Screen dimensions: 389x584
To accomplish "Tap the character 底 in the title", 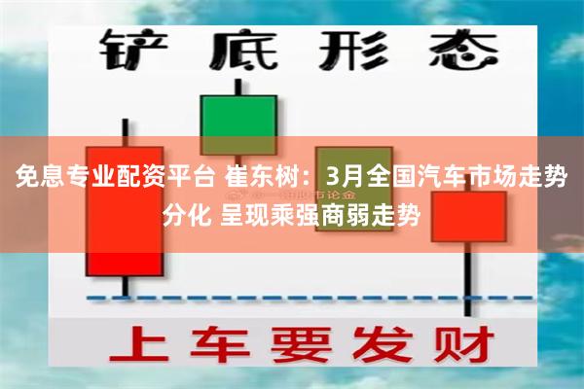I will [x=240, y=50].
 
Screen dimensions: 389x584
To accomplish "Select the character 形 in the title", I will [x=347, y=50].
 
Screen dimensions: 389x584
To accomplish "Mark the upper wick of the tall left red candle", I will [x=125, y=131].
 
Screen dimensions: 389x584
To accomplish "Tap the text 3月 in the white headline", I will [x=347, y=179].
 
